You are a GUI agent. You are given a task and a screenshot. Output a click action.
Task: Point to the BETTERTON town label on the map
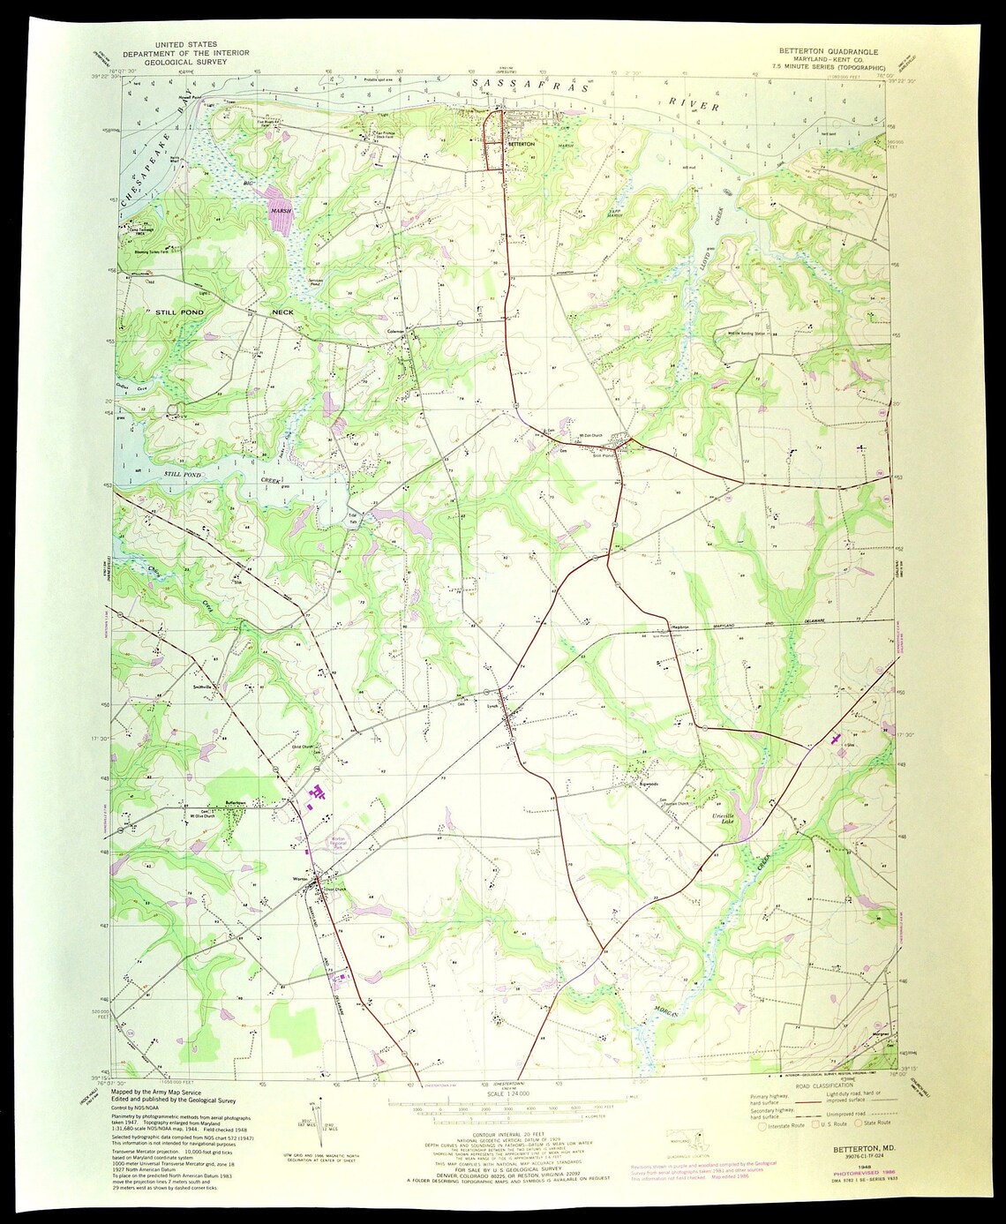coord(521,143)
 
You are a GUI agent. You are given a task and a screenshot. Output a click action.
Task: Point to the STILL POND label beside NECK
coord(179,312)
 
